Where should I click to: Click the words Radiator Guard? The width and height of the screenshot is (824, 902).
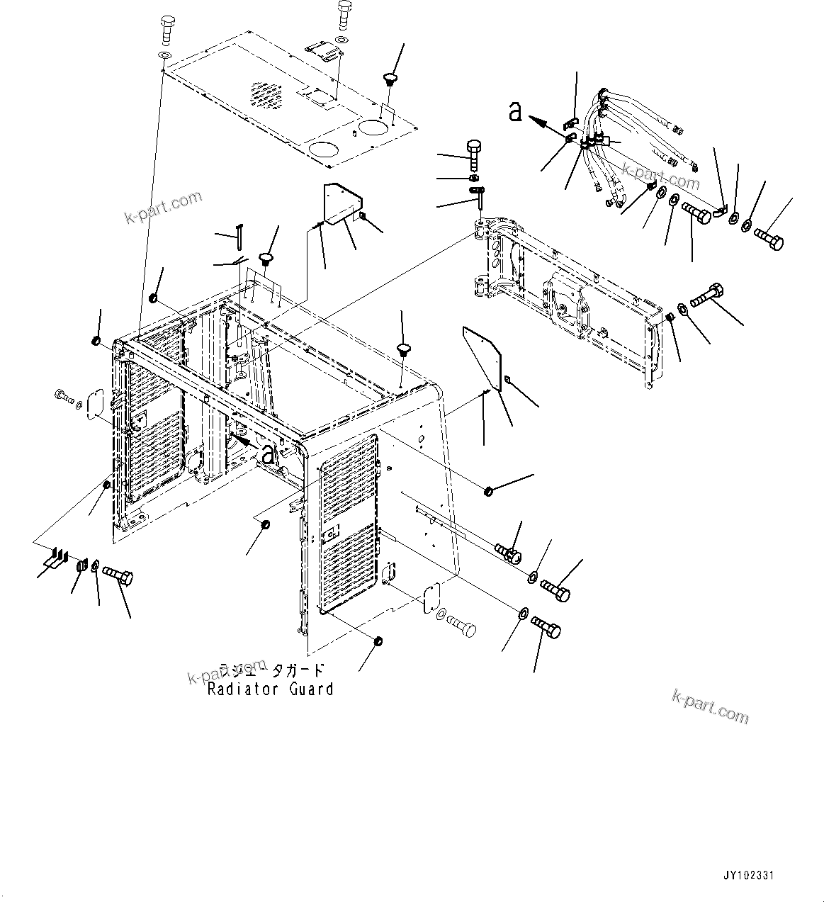click(x=270, y=689)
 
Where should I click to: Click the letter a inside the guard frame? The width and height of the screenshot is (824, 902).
click(x=267, y=453)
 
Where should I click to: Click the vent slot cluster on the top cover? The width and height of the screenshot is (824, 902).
click(x=264, y=95)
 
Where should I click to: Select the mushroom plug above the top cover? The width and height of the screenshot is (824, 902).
click(x=389, y=76)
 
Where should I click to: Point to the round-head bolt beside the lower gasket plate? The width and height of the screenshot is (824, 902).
click(x=462, y=626)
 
